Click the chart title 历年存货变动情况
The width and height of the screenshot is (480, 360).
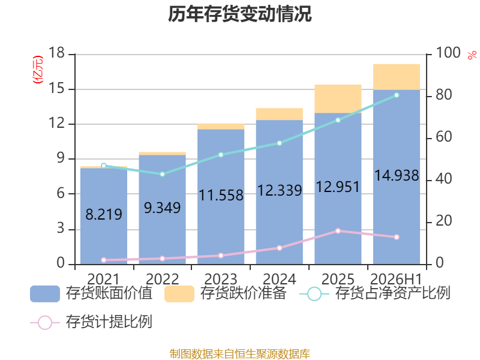(239, 14)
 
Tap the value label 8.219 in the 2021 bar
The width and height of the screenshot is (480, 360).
(104, 214)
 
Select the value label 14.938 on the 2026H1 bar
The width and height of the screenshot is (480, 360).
(397, 176)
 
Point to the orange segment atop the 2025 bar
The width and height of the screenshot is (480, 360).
(338, 99)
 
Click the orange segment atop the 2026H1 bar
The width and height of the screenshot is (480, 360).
(397, 77)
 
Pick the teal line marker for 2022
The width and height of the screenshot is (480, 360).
(163, 174)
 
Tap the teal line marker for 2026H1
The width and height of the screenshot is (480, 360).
(397, 95)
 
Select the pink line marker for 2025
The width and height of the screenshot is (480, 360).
(338, 231)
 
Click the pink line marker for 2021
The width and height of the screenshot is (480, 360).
(104, 260)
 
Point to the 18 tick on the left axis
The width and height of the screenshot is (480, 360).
(56, 53)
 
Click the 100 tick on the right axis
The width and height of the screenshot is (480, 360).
(448, 53)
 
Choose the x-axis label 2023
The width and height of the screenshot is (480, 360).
(221, 279)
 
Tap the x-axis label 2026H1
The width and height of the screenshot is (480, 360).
(396, 279)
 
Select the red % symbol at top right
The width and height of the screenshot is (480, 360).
(472, 55)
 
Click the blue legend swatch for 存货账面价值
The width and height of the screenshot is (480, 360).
(45, 294)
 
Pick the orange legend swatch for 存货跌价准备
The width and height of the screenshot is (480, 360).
(179, 294)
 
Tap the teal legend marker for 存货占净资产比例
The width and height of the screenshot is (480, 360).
(314, 294)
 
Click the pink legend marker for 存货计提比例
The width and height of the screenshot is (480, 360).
(45, 323)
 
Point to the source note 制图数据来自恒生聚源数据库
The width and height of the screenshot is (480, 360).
(240, 354)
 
